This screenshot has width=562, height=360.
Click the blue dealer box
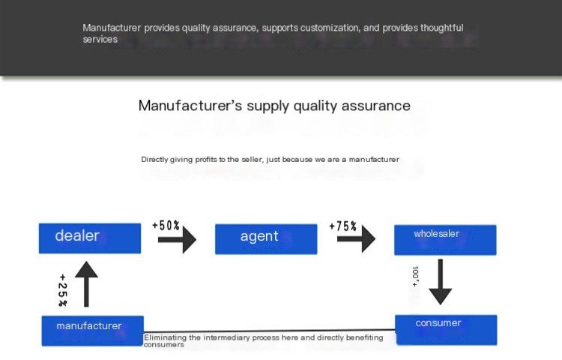tap(90, 238)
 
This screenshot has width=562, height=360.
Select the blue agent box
tap(266, 239)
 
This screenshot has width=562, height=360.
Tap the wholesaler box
tap(445, 240)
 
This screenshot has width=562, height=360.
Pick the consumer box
tap(447, 330)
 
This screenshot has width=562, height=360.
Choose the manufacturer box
tap(92, 331)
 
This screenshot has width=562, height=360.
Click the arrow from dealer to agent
tap(177, 239)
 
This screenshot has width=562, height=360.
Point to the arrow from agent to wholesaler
tap(356, 238)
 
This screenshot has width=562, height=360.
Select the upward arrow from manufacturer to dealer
tap(86, 284)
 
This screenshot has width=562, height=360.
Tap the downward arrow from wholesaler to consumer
tap(441, 282)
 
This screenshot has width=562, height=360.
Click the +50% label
tap(166, 226)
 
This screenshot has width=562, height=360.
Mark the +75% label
tap(343, 226)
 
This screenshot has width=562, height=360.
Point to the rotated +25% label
tap(62, 290)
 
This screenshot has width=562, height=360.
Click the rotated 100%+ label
tap(415, 276)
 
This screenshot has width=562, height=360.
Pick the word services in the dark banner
tap(100, 40)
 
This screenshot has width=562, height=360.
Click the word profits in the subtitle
tap(206, 160)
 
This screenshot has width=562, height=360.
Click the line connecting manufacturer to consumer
tap(270, 331)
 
